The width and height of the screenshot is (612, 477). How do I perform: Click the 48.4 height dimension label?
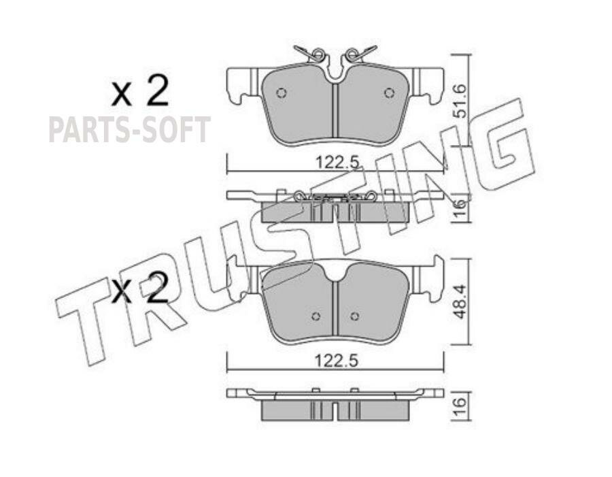coord(460,301)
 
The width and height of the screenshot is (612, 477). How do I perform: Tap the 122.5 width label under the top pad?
coord(337,162)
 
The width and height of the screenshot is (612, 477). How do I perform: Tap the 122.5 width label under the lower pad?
coord(337,361)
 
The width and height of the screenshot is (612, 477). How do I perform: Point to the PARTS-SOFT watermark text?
coord(129,130)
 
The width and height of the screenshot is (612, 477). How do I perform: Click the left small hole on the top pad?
coord(281,93)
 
